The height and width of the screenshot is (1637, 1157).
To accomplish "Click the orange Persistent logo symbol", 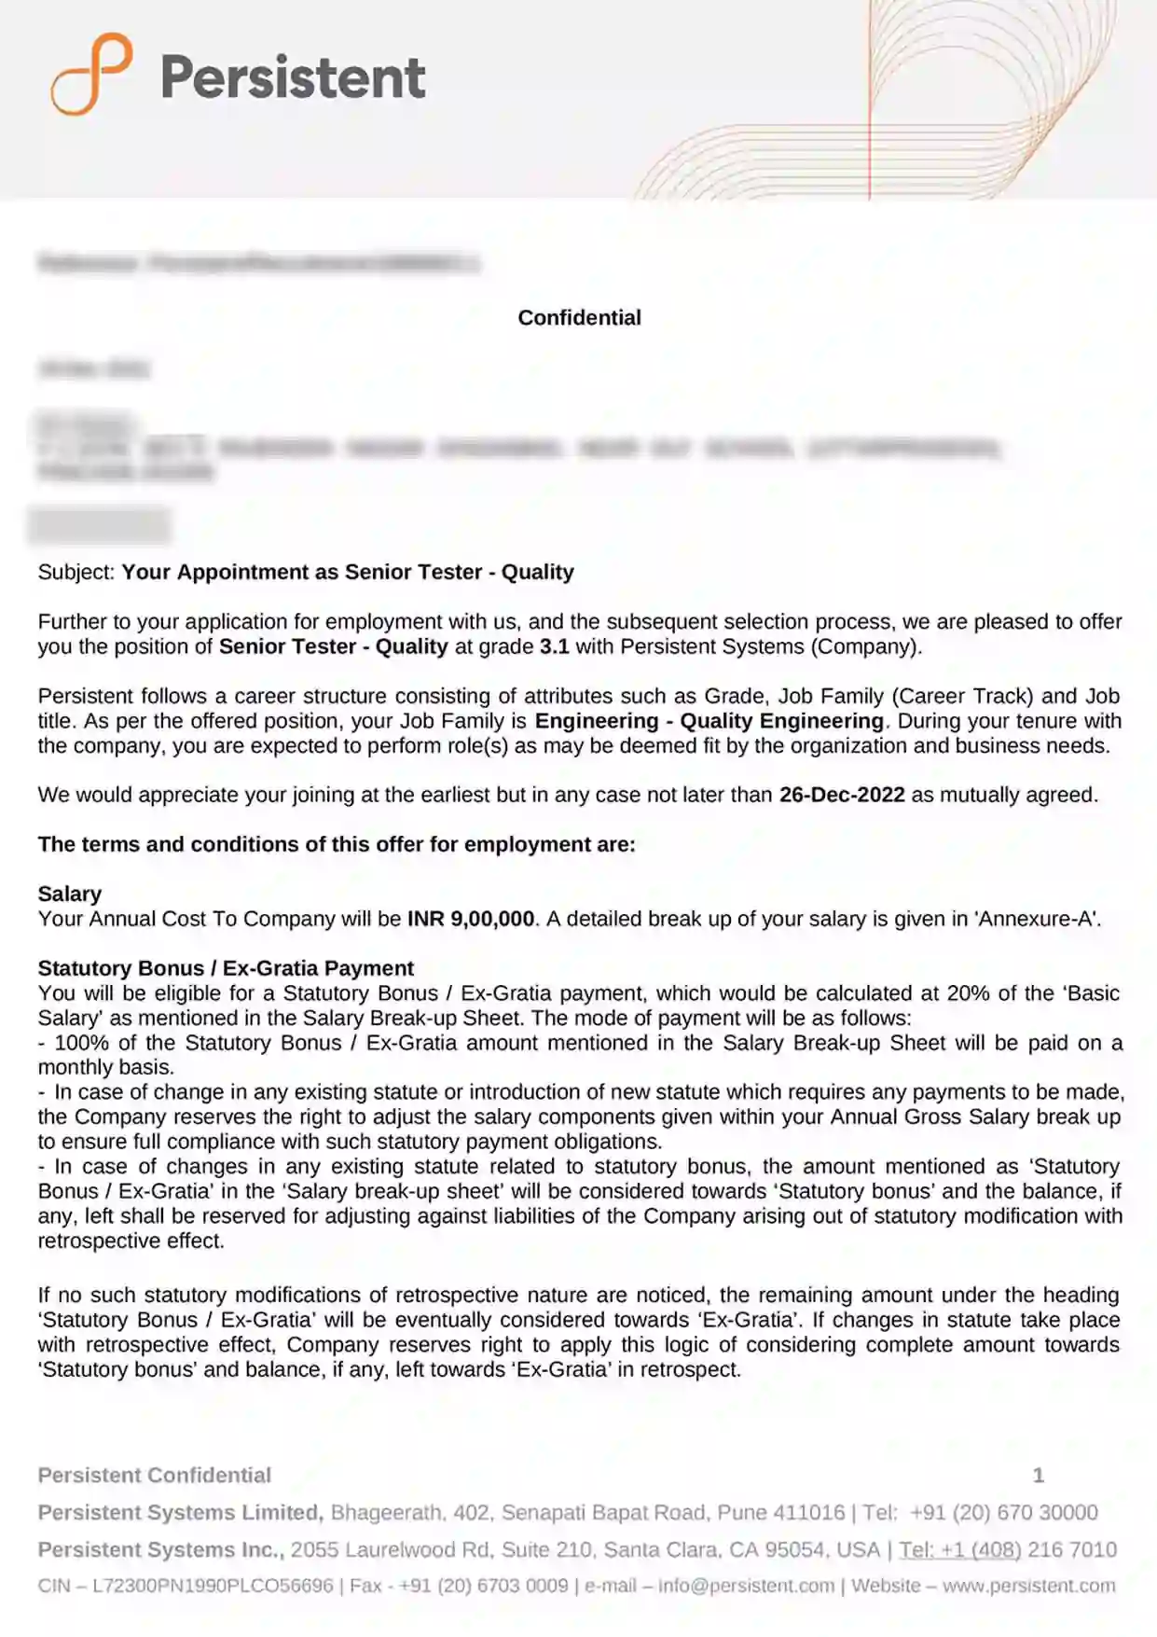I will [91, 74].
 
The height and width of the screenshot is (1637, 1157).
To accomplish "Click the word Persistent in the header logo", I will [293, 76].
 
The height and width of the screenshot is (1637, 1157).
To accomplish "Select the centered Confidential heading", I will [579, 318].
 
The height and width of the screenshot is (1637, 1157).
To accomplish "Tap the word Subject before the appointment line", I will [76, 573].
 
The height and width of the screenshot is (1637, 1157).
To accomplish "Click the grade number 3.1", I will [554, 647].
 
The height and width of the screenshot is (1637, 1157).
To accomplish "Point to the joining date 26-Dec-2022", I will [842, 796].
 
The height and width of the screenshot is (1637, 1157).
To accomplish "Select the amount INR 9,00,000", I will [471, 920].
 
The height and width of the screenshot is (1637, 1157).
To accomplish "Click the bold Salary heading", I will [70, 895].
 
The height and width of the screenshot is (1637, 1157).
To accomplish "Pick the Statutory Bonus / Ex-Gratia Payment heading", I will [226, 969].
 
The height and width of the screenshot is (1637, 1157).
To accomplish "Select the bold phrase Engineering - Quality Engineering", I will [709, 722].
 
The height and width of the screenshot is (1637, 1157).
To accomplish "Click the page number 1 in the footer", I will [1038, 1476].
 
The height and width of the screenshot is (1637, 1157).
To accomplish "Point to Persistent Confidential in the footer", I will [155, 1476].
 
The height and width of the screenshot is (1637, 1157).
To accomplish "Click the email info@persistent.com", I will [746, 1587].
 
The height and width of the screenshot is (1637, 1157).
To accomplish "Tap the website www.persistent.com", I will [1028, 1587].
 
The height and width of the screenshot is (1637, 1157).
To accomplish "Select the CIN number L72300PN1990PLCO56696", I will [213, 1587].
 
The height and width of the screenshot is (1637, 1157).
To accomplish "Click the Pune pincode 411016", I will [810, 1513].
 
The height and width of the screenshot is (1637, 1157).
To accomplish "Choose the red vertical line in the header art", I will [869, 103].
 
